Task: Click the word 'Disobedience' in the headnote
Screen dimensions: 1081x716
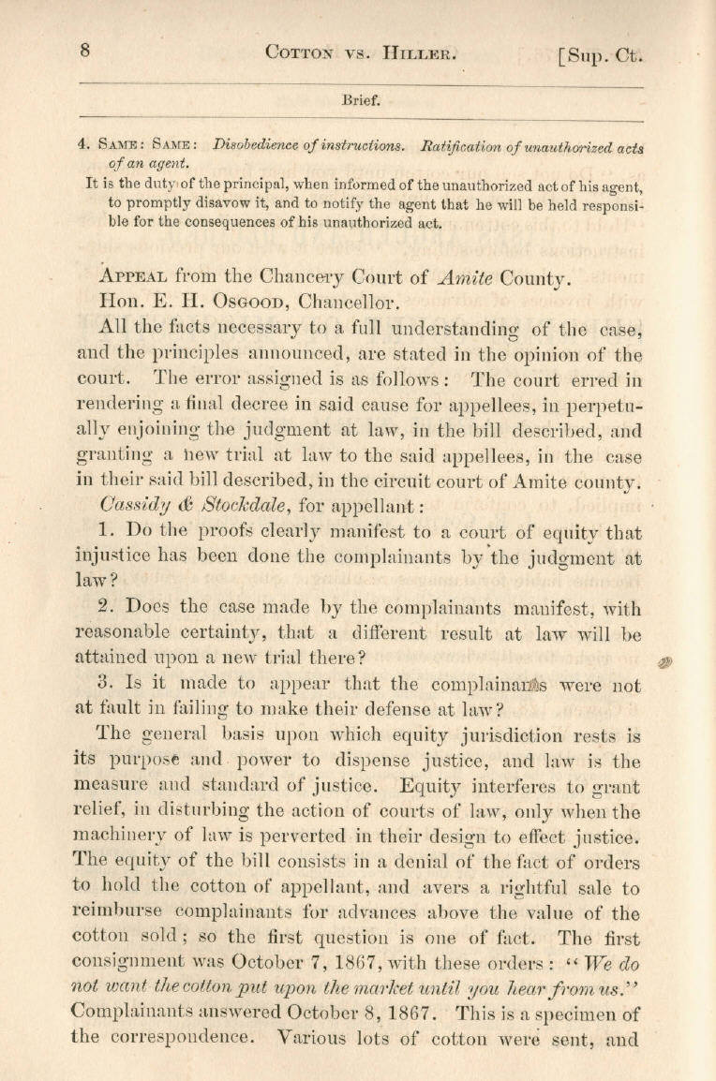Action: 255,145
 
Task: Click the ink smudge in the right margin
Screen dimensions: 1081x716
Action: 666,661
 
